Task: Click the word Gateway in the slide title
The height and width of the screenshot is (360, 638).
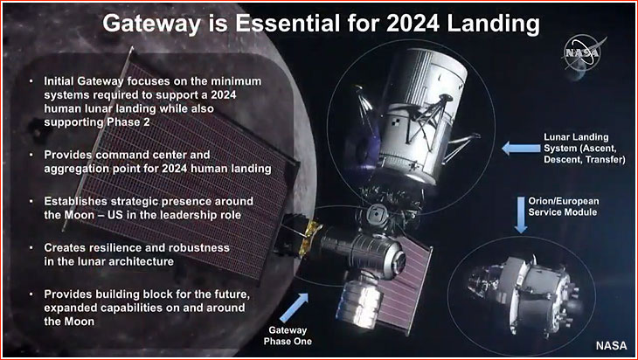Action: [152, 24]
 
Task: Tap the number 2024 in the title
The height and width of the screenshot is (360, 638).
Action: [413, 24]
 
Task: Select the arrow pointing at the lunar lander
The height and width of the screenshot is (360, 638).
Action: [521, 148]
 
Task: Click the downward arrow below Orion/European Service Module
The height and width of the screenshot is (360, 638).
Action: [521, 215]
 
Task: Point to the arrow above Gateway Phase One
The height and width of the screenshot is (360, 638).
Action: [295, 308]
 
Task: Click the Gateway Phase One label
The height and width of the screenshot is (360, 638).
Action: [288, 336]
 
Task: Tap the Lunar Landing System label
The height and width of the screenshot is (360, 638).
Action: [585, 149]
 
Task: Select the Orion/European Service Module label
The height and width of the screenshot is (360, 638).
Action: [564, 206]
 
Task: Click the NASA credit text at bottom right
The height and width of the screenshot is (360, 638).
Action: [612, 345]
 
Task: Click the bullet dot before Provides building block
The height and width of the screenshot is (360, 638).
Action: [31, 294]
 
